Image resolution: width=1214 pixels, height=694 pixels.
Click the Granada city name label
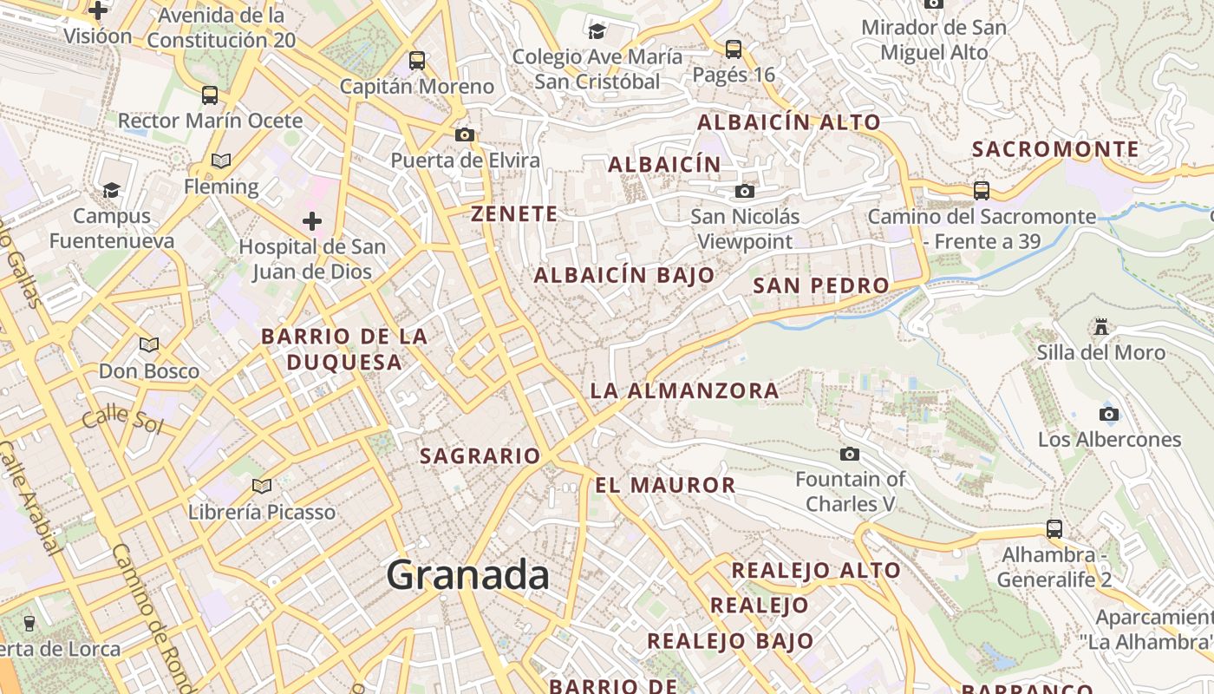click(x=468, y=575)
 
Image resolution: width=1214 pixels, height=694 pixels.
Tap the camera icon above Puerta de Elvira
click(x=465, y=134)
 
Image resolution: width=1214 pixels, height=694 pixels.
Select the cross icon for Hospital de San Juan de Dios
click(x=312, y=221)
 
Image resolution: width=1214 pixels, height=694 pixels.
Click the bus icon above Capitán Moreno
click(x=417, y=61)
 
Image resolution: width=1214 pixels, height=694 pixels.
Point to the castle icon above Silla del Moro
click(x=1101, y=327)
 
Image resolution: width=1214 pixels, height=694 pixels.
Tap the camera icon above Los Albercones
click(x=1109, y=414)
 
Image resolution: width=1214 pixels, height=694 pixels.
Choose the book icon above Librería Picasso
click(x=262, y=486)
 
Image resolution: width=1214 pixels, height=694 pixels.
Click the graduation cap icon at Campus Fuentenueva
click(x=111, y=190)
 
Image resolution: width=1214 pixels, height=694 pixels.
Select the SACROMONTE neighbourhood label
click(x=1055, y=149)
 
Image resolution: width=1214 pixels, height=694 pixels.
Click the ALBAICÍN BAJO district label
click(x=624, y=276)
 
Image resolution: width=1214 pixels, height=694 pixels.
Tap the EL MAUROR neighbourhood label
click(x=665, y=485)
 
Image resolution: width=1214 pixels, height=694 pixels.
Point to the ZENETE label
click(x=514, y=214)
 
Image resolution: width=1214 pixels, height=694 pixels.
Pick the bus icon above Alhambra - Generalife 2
click(x=1054, y=528)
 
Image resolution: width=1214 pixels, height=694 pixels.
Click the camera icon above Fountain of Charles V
click(x=850, y=454)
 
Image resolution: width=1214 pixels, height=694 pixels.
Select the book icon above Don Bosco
click(x=149, y=345)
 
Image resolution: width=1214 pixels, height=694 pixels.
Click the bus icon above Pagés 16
click(x=734, y=49)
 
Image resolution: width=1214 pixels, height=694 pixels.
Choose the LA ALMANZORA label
click(x=684, y=391)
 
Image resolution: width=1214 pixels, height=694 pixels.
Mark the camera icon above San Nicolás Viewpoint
click(x=745, y=191)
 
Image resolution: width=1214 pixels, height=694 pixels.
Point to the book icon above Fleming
click(x=221, y=160)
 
